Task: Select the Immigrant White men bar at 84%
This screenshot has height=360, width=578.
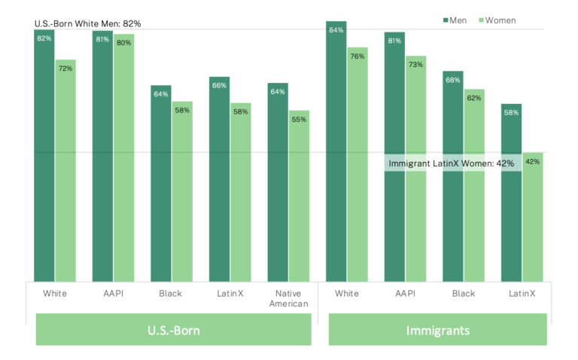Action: (336, 151)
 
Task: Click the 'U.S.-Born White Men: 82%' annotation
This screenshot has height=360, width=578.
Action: (88, 23)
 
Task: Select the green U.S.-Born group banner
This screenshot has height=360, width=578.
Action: (173, 329)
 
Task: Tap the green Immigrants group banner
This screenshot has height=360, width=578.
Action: (437, 329)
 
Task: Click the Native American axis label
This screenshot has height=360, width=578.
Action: (289, 298)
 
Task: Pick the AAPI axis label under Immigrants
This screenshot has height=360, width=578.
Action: (405, 293)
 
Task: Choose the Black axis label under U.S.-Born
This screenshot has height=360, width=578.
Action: (171, 293)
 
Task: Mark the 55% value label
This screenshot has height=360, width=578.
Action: (300, 119)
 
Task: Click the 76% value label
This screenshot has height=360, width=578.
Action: (357, 56)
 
